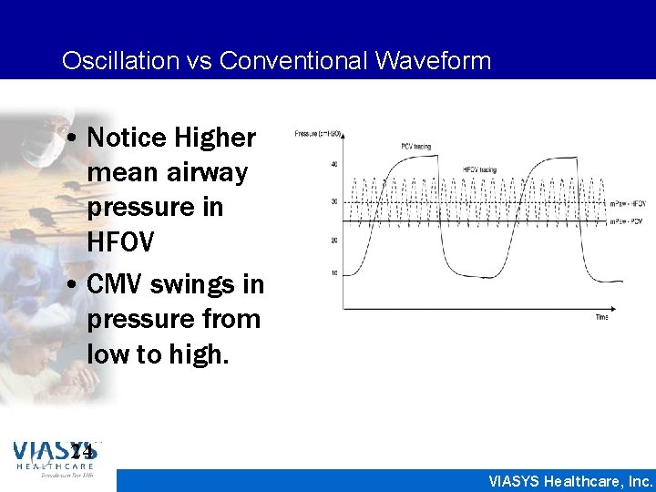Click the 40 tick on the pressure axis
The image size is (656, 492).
[x=333, y=163]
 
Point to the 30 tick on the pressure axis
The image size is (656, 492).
[x=333, y=200]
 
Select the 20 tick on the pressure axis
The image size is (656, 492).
[x=333, y=240]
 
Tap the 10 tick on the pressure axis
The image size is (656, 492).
[x=333, y=273]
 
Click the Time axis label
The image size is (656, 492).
[x=601, y=317]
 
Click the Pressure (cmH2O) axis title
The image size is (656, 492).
[x=318, y=134]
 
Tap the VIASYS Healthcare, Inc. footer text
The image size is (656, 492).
[x=571, y=480]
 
